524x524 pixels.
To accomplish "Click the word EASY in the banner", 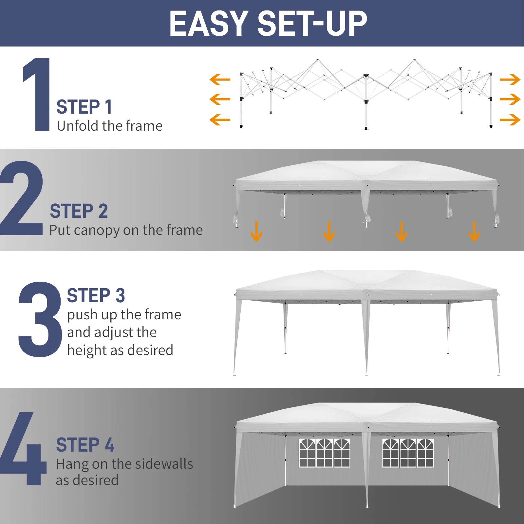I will tap(208, 24).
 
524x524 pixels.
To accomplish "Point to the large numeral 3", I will tap(40, 319).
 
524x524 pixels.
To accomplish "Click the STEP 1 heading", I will tap(84, 107).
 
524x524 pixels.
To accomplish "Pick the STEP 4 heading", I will tap(85, 445).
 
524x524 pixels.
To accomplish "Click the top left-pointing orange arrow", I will tap(220, 80).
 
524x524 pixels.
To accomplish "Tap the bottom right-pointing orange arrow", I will tap(510, 120).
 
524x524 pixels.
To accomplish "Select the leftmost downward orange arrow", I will tap(256, 232).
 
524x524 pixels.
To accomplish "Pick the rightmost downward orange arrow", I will tap(474, 232).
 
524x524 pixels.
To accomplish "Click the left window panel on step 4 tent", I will tap(324, 453).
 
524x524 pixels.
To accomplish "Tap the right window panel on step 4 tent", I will tap(408, 453).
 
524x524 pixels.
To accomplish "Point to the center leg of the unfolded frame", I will tap(366, 105).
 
